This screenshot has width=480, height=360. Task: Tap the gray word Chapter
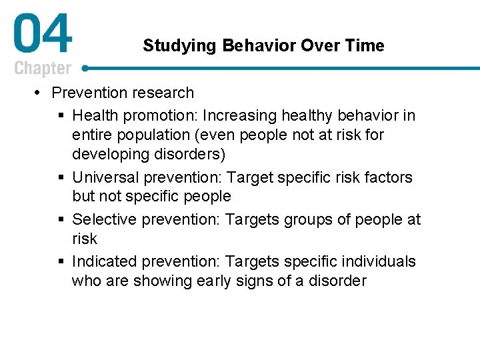pyautogui.click(x=42, y=68)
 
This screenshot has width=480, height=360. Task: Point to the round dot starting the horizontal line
pyautogui.click(x=85, y=68)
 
